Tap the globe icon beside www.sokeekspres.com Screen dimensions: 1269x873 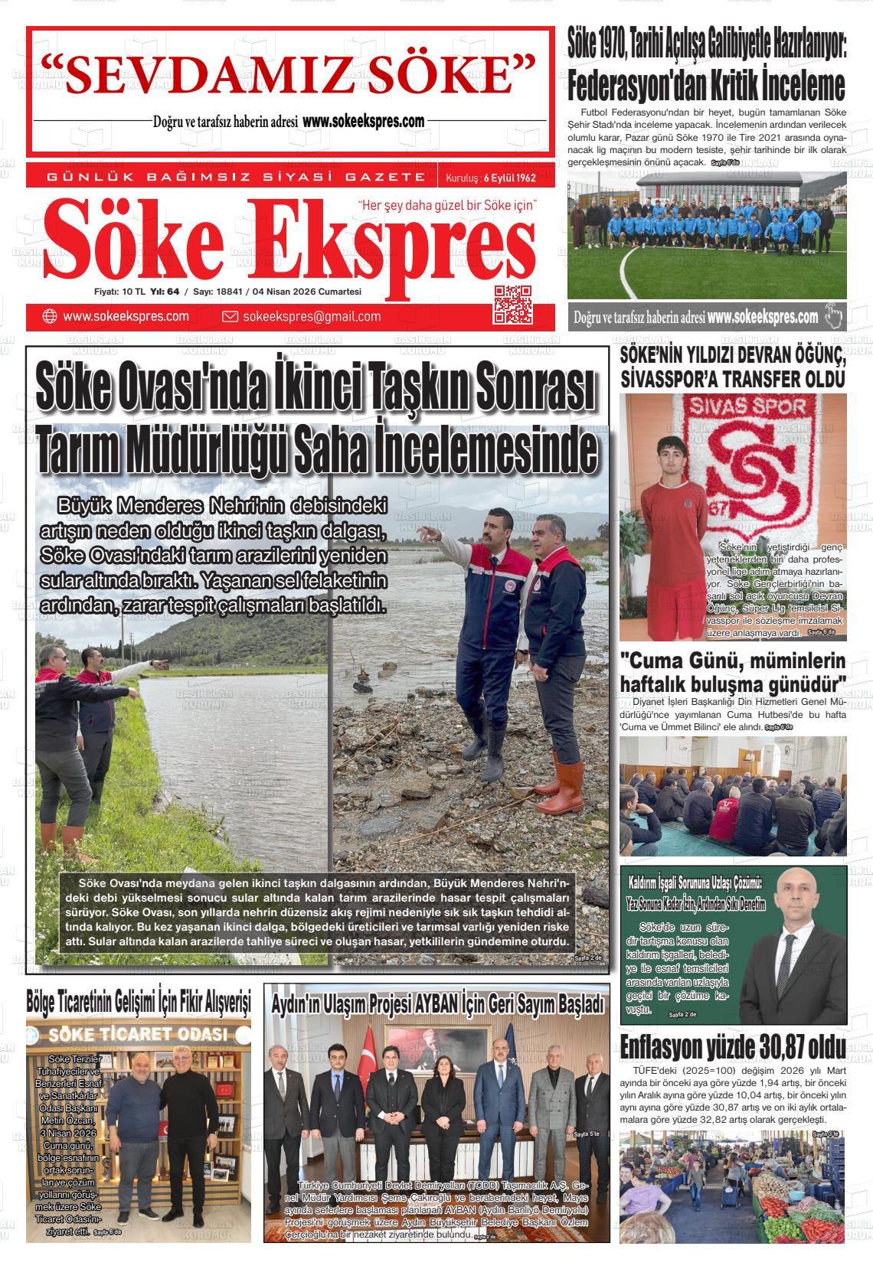[50, 317]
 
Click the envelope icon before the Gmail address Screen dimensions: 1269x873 [230, 317]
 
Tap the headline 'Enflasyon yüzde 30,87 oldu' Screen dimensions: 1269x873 [733, 1046]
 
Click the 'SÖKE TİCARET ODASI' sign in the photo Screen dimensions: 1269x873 [138, 1035]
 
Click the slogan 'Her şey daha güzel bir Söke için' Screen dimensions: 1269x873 [448, 206]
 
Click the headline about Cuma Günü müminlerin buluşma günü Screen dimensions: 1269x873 [733, 671]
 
